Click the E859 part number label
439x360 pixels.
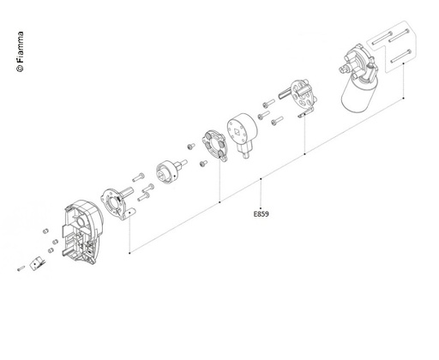click(x=262, y=213)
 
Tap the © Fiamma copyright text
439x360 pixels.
click(x=21, y=51)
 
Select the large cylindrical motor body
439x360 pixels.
click(x=358, y=93)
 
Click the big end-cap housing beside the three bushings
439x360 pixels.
click(x=81, y=232)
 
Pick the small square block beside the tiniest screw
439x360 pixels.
click(x=37, y=263)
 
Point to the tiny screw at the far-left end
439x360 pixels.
click(x=21, y=268)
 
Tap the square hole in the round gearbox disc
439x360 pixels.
click(x=238, y=131)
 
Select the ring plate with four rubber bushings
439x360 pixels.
click(x=214, y=146)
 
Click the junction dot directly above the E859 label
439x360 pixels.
click(x=261, y=179)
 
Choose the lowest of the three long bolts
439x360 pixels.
click(x=401, y=56)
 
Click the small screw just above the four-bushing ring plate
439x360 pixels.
click(x=191, y=147)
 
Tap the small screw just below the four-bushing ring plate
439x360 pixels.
click(x=203, y=164)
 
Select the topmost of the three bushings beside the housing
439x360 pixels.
click(x=45, y=231)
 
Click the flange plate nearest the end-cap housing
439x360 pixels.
click(x=117, y=204)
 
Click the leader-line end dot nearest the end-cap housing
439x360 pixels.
click(x=129, y=253)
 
